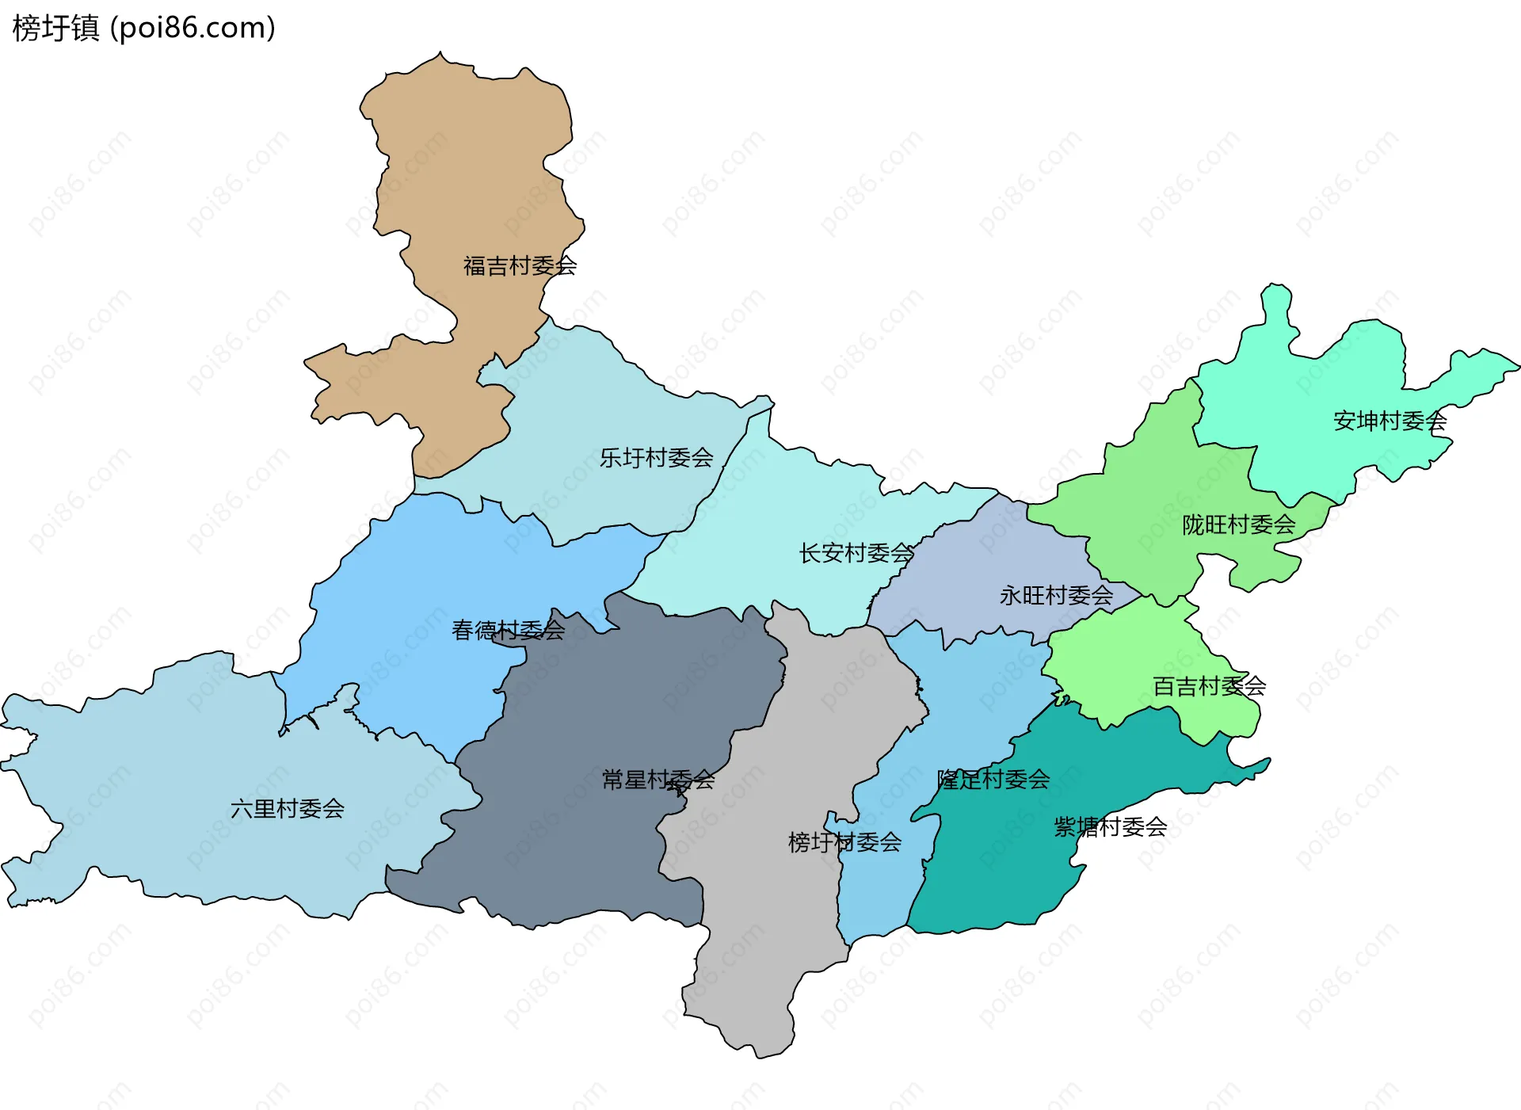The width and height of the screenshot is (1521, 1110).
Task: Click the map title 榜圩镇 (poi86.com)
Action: pyautogui.click(x=143, y=28)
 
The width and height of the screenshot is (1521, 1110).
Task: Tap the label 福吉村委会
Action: pyautogui.click(x=520, y=266)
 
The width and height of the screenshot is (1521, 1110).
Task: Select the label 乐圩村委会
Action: pyautogui.click(x=656, y=458)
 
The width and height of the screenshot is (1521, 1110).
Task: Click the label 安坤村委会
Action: pyautogui.click(x=1389, y=421)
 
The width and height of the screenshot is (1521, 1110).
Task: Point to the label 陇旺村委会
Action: pyautogui.click(x=1238, y=525)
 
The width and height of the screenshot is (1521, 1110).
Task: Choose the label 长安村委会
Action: pyautogui.click(x=856, y=553)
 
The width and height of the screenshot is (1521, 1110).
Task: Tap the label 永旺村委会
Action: pyautogui.click(x=1056, y=596)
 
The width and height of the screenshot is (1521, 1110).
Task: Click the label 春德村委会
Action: pyautogui.click(x=508, y=631)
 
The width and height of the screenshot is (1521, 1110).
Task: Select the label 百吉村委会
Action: pyautogui.click(x=1209, y=686)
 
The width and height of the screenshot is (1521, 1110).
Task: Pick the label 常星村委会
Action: pyautogui.click(x=658, y=780)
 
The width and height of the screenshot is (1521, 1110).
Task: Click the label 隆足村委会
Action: pyautogui.click(x=993, y=780)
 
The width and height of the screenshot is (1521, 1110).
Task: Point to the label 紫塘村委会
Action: pyautogui.click(x=1110, y=828)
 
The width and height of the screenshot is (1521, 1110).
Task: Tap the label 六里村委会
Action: pyautogui.click(x=287, y=809)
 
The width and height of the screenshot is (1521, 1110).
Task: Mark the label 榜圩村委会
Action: pyautogui.click(x=844, y=842)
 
